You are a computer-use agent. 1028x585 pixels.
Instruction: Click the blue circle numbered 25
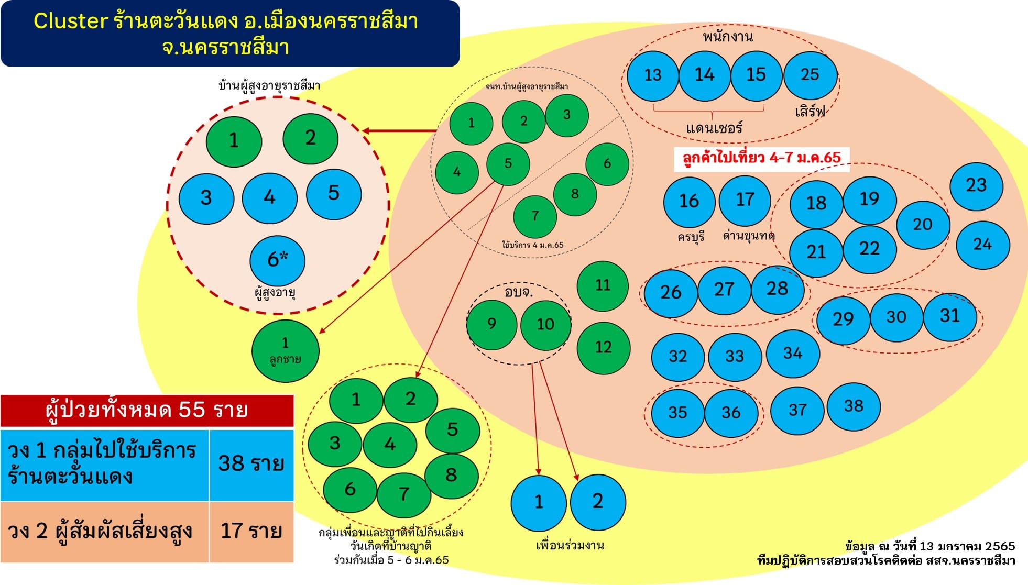810,75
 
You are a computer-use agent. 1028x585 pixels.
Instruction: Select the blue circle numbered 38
854,406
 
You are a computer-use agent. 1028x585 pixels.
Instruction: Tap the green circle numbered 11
603,285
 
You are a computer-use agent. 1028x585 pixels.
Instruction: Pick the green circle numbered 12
603,347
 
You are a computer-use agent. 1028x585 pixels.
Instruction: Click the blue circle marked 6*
278,260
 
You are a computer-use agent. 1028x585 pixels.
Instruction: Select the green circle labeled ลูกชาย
285,350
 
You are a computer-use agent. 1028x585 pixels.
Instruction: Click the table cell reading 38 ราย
251,464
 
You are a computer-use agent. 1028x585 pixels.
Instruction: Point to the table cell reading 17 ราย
251,531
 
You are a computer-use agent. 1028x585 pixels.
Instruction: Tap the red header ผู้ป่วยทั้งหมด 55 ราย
147,410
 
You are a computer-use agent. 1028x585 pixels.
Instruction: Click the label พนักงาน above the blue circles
728,37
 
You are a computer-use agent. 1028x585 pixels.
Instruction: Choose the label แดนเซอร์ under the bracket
714,128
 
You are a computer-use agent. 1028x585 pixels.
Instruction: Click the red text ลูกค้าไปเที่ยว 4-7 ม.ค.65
761,158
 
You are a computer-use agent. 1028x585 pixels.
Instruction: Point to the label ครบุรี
691,237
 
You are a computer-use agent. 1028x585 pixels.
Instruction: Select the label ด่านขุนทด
748,236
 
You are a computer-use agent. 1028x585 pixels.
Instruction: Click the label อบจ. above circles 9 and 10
518,292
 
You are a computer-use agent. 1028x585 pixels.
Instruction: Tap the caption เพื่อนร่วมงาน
570,545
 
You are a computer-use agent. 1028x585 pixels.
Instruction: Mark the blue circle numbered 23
976,185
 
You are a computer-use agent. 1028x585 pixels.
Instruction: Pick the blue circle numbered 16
689,201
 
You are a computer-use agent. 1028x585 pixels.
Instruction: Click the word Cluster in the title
71,21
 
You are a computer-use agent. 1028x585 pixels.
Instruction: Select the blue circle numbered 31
949,316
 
